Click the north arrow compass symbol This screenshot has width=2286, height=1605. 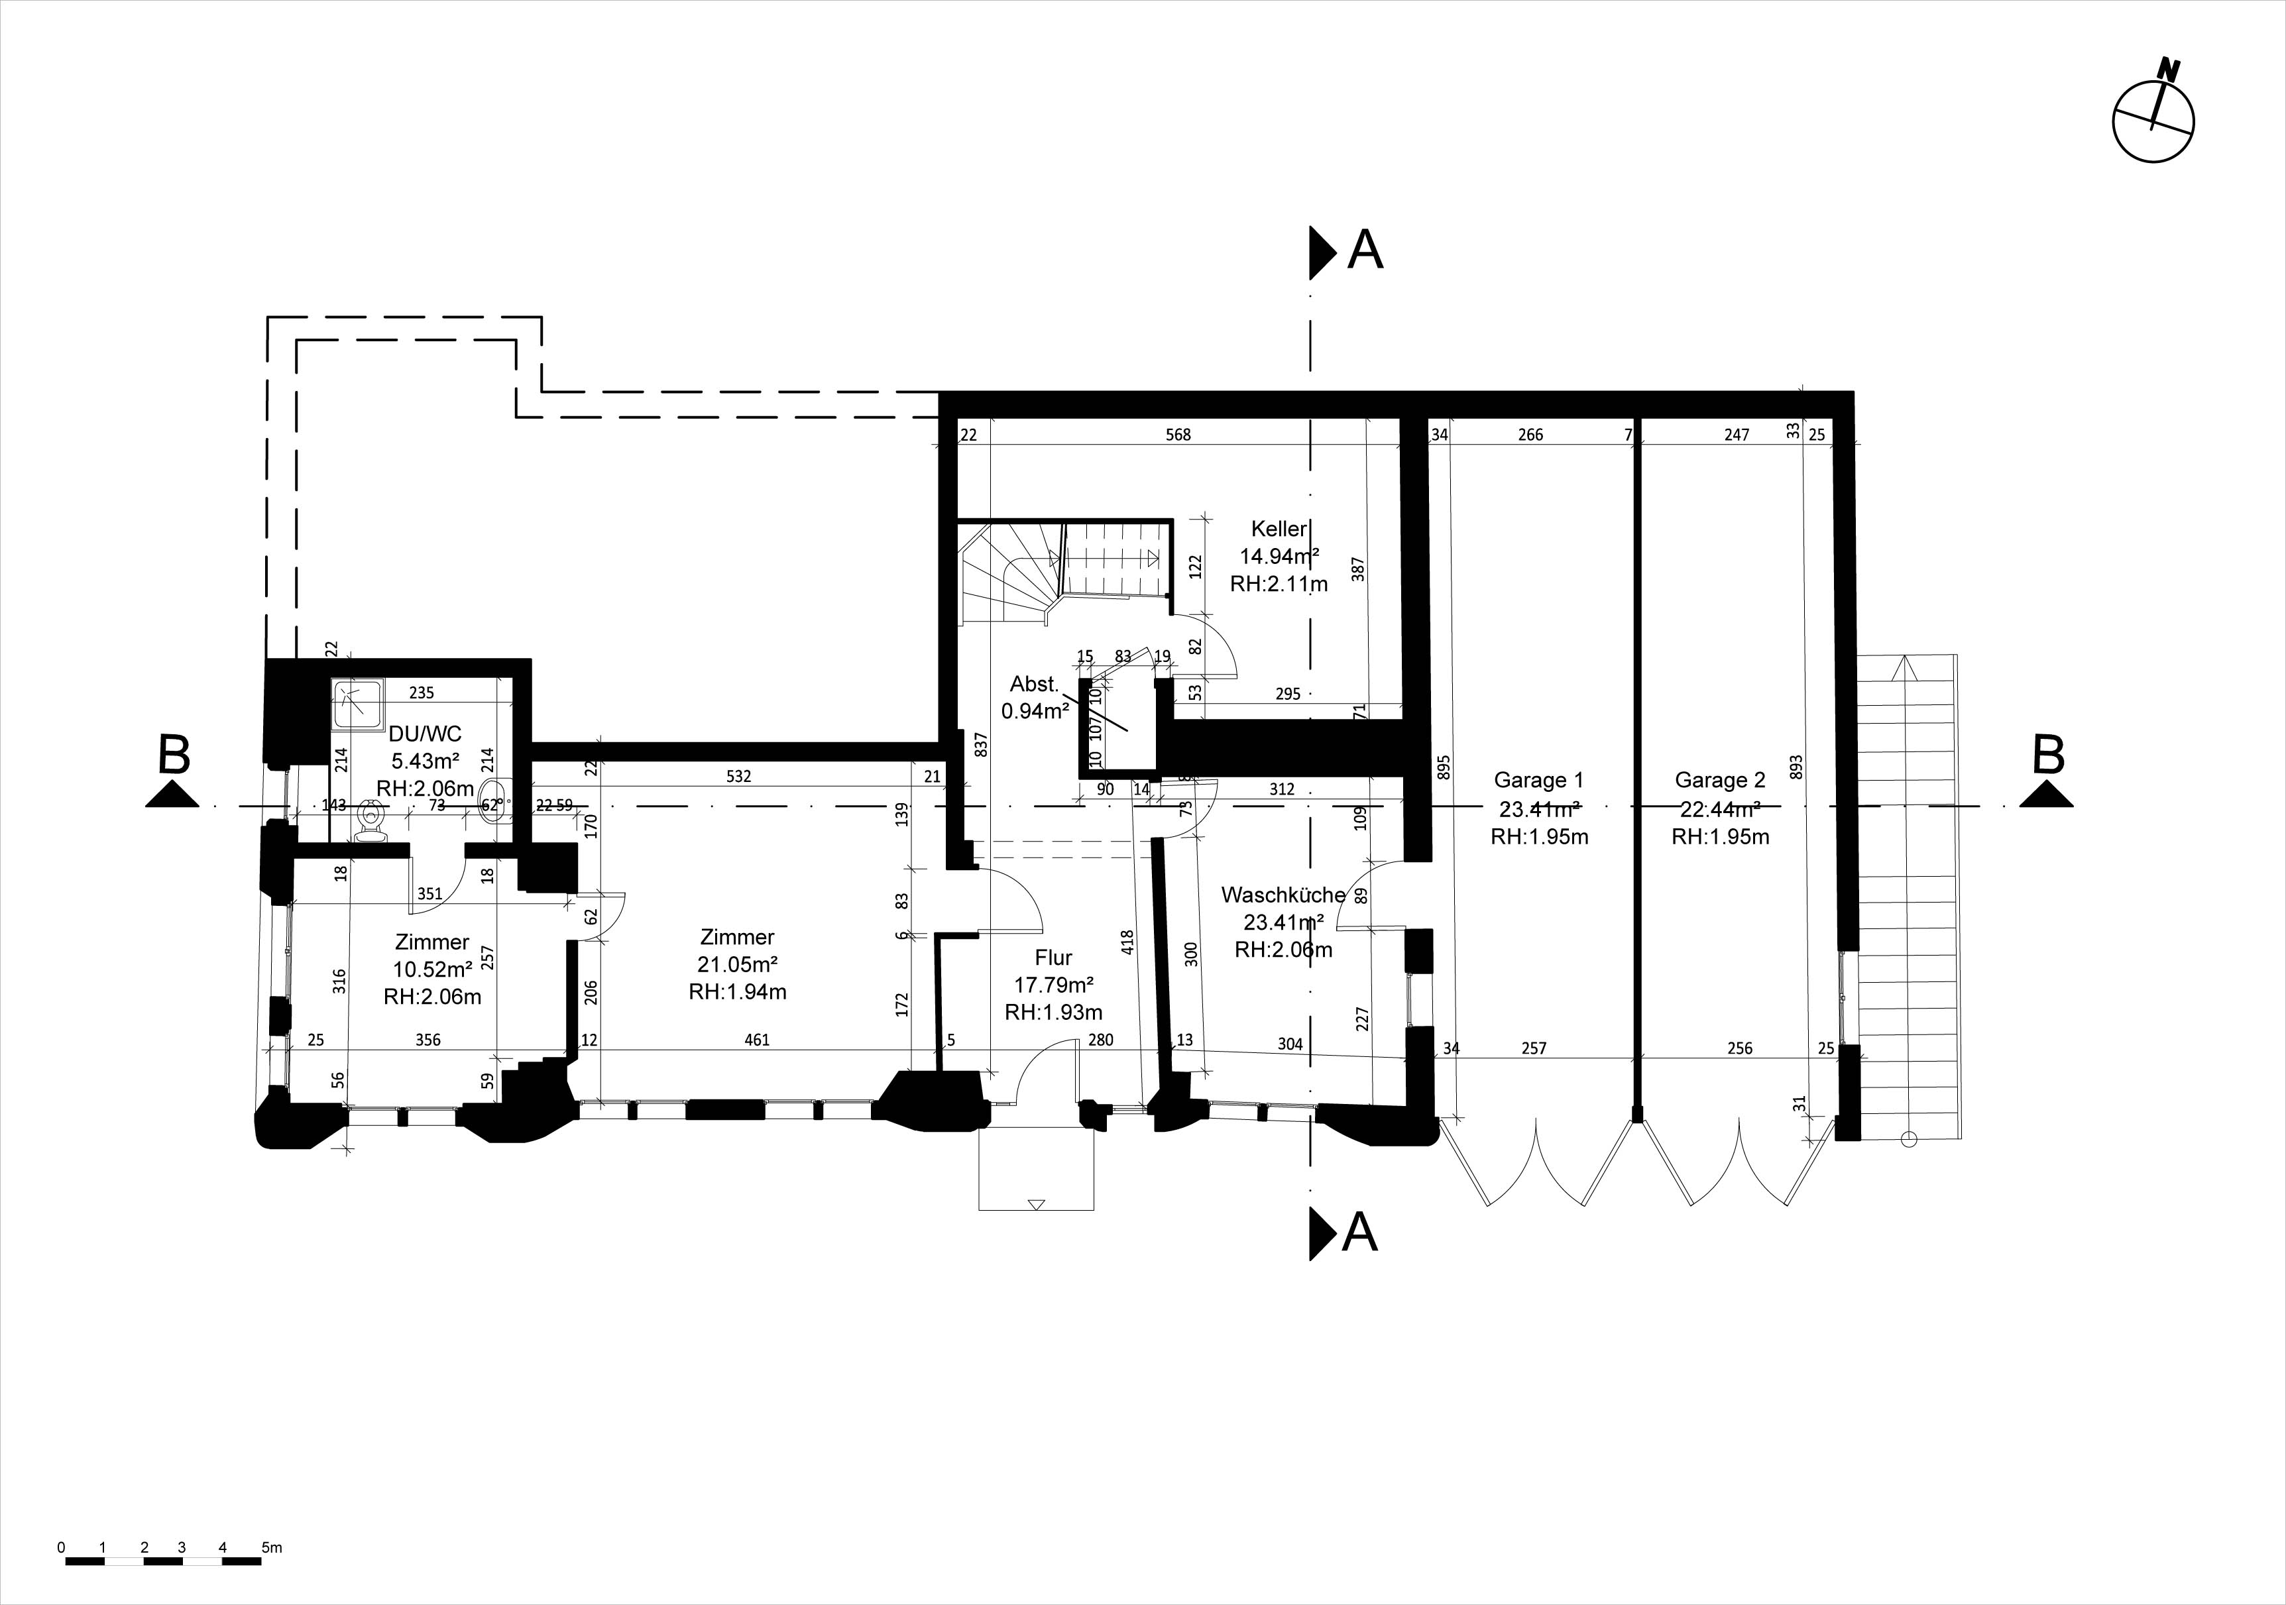pos(2153,121)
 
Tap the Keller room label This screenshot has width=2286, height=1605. pos(1279,529)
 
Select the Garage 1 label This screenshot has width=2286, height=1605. pos(1538,781)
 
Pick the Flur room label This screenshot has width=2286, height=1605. pos(1053,958)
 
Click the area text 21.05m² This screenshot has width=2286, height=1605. pos(737,964)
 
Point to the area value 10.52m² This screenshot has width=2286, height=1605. pos(432,969)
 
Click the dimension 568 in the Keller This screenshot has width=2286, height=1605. pos(1178,434)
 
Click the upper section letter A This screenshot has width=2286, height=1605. pos(1365,250)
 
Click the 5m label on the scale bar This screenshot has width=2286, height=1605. pos(272,1548)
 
